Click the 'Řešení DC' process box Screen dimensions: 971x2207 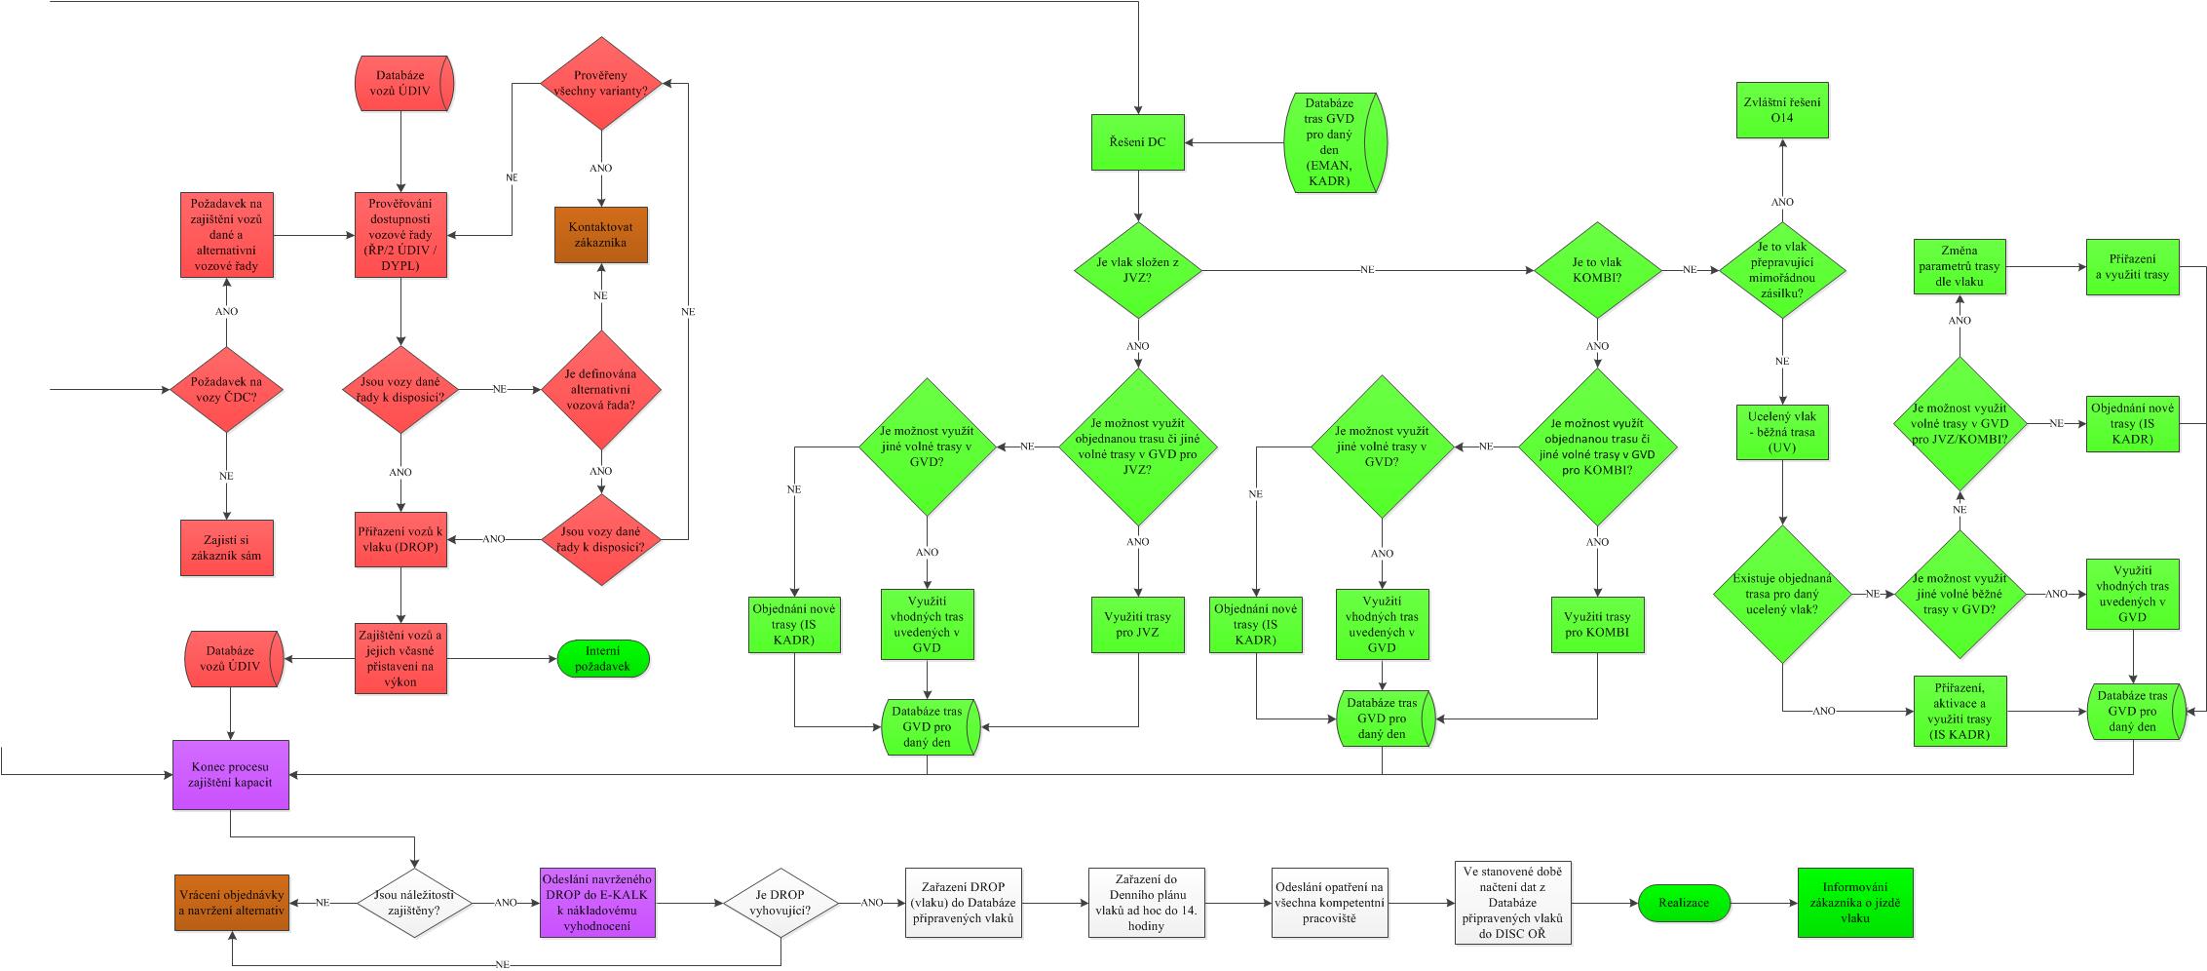pos(1137,142)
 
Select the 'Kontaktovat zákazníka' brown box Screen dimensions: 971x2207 pos(600,235)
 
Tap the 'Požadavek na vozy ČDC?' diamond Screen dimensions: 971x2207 pos(226,390)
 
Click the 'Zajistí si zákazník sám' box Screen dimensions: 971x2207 pos(226,548)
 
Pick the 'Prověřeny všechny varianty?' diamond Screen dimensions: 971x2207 pos(601,84)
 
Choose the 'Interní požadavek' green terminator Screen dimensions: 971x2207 pos(603,659)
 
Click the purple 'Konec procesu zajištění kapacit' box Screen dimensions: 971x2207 pos(231,774)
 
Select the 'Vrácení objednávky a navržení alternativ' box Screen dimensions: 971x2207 pos(231,902)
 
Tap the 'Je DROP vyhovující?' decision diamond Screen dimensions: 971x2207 pos(780,903)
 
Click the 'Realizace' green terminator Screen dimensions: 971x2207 pos(1684,903)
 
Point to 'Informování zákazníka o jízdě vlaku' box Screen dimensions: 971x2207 pos(1854,903)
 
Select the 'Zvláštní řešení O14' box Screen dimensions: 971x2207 pos(1782,110)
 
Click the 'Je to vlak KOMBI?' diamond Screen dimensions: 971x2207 pos(1597,269)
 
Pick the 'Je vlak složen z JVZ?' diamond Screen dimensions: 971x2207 pos(1137,269)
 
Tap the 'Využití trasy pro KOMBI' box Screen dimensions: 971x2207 pos(1596,624)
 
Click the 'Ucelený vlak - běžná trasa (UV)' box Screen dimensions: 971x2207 pos(1782,431)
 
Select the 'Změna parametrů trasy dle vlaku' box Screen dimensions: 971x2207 pos(1960,266)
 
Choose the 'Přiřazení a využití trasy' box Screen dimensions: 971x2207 pos(2131,266)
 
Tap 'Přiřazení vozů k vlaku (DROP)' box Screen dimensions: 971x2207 pos(400,539)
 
